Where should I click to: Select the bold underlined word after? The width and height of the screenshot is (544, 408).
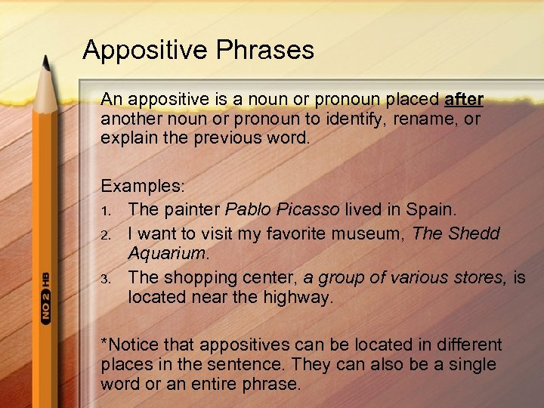[x=465, y=100]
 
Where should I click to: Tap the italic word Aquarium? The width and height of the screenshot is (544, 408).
[x=166, y=253]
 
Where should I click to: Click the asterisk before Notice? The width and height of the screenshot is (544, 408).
[x=104, y=344]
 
